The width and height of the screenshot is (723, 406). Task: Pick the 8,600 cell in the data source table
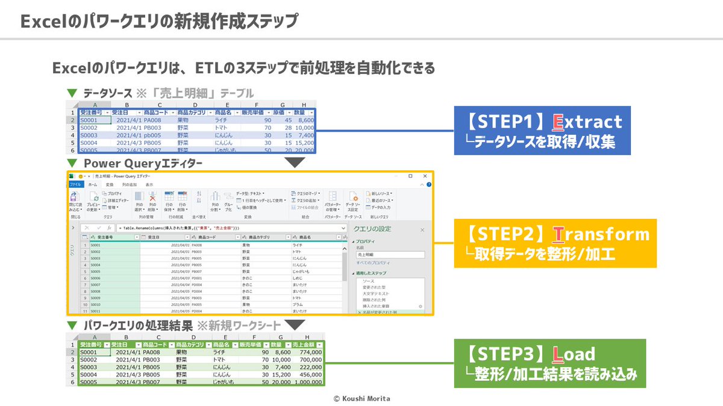tap(305, 120)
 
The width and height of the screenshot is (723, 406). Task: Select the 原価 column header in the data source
tap(278, 112)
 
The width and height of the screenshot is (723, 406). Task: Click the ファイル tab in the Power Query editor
tap(75, 185)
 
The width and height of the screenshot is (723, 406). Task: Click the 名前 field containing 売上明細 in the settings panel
tap(389, 254)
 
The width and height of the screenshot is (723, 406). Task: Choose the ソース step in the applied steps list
tap(369, 281)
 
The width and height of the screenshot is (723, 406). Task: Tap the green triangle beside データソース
tap(72, 93)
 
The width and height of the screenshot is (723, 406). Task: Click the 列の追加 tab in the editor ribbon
tap(130, 185)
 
